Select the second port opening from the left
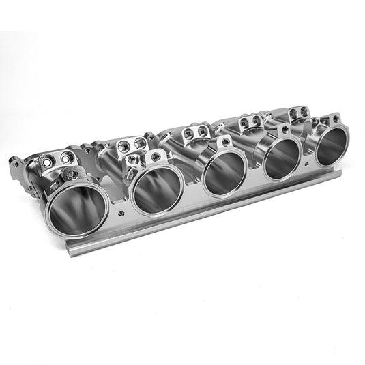click(x=157, y=189)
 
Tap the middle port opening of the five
click(x=224, y=173)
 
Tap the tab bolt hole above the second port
click(x=156, y=156)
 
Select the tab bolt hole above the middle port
click(x=224, y=143)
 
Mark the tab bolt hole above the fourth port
click(x=282, y=129)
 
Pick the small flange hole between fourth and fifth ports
click(x=308, y=162)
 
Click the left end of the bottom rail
click(x=71, y=249)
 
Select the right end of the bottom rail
click(x=338, y=175)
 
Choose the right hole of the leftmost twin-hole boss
click(x=66, y=157)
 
